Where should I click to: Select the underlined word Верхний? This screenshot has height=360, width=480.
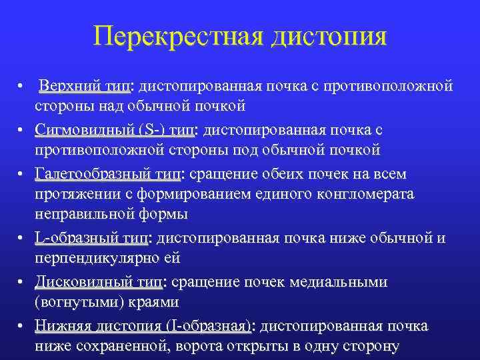tap(66, 87)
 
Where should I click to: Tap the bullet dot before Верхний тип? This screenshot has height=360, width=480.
tap(22, 87)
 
